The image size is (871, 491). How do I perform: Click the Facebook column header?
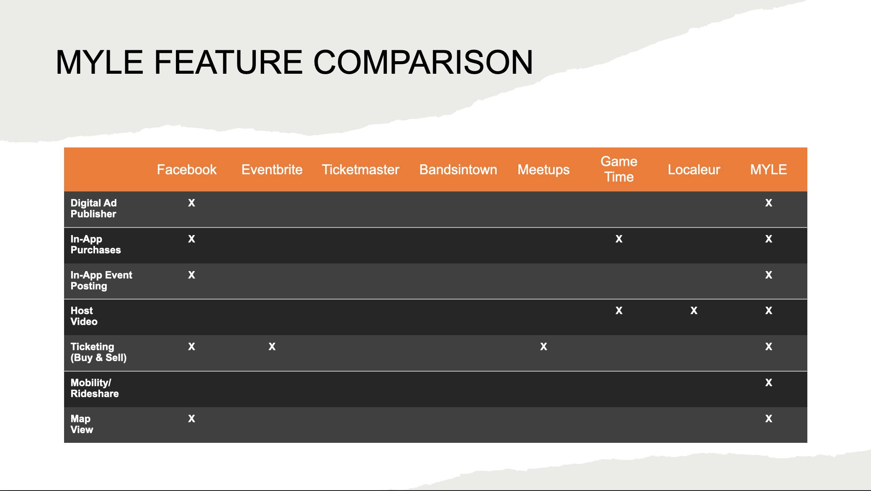tap(187, 170)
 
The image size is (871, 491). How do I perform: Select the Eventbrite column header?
tap(272, 170)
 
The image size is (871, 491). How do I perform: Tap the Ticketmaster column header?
tap(361, 170)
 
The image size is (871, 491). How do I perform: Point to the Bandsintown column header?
tap(458, 170)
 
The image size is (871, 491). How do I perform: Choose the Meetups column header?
tap(544, 170)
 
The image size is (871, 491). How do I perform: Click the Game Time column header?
tap(619, 169)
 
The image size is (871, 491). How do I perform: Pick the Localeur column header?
tap(694, 170)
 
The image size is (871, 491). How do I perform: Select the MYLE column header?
tap(768, 170)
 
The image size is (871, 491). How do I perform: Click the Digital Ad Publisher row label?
tap(94, 209)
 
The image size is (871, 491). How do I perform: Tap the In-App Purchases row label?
tap(95, 245)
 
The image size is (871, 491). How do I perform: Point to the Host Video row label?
tap(84, 316)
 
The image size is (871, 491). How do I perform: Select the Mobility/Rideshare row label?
tap(95, 388)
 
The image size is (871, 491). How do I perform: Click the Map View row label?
tap(82, 424)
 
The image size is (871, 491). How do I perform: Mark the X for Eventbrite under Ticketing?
tap(272, 346)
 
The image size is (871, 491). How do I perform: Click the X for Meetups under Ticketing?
tap(544, 346)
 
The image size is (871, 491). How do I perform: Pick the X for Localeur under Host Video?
tap(694, 310)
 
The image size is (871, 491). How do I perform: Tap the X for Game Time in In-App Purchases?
tap(619, 239)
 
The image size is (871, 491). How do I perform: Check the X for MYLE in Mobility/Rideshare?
tap(769, 382)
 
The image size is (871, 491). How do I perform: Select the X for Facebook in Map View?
tap(191, 419)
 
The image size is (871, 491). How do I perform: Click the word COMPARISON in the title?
tap(423, 62)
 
